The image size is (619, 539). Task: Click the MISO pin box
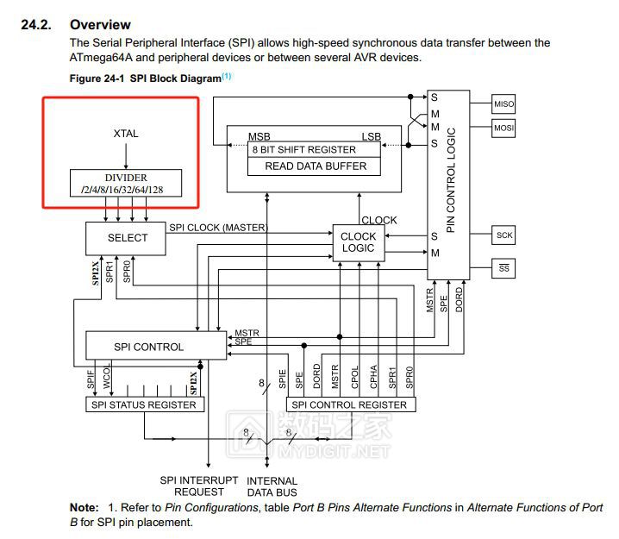tap(503, 104)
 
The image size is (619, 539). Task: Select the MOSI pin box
tap(503, 128)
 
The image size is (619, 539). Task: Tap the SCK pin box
tap(503, 235)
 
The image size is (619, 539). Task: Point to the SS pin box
tap(503, 268)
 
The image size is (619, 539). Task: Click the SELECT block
tap(127, 238)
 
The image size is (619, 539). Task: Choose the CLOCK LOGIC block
tap(358, 241)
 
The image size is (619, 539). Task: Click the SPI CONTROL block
tap(148, 347)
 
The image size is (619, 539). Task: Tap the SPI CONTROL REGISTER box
tap(348, 404)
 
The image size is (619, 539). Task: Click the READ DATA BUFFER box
tap(315, 166)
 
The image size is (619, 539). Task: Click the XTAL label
tap(126, 134)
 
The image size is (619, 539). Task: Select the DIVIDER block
tap(126, 184)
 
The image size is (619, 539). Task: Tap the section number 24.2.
tap(38, 23)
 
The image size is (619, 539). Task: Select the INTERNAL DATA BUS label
tap(272, 486)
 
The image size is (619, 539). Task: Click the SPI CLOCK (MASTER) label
tap(218, 228)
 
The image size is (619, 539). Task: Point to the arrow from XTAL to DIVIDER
tap(126, 155)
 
